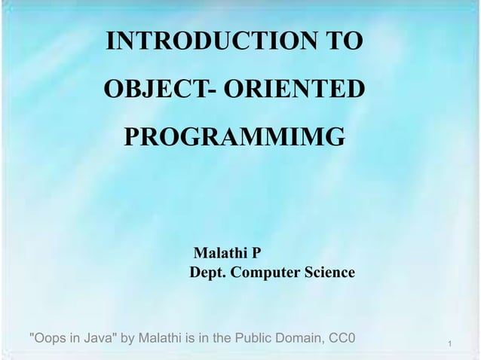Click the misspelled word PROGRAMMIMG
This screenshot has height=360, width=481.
234,138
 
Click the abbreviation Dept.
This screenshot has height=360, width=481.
206,273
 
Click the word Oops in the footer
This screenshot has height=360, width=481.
47,336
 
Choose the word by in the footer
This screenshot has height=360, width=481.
127,336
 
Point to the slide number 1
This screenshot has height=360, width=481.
449,344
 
